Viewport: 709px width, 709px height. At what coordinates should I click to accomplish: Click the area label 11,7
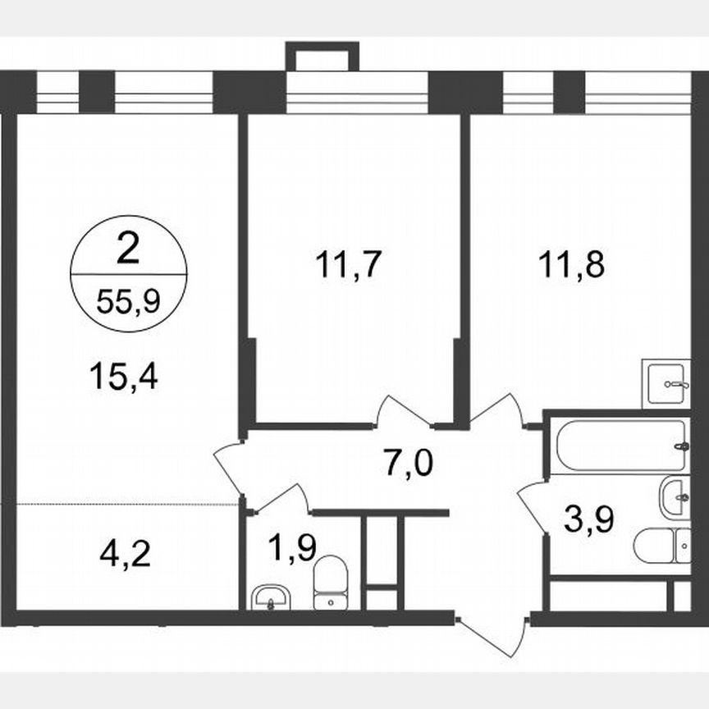pyautogui.click(x=349, y=265)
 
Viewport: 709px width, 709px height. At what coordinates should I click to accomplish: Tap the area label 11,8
pyautogui.click(x=573, y=265)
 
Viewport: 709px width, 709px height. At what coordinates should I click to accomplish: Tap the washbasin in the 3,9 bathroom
pyautogui.click(x=675, y=495)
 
